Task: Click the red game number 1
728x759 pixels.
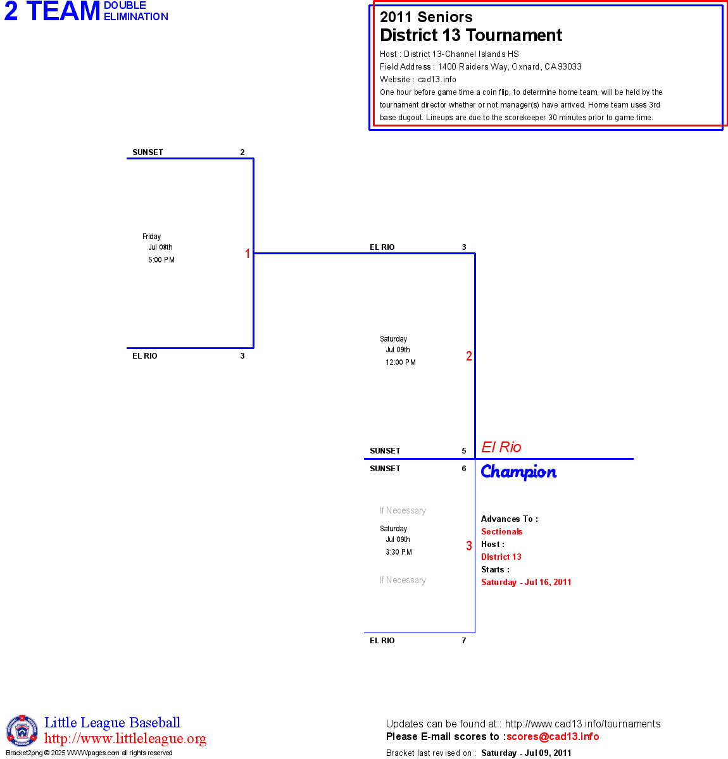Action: [248, 254]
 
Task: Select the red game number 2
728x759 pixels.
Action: [469, 356]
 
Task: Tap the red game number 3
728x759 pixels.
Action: [469, 546]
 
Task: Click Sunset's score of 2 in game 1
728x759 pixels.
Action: [242, 152]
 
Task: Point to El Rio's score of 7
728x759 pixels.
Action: [464, 641]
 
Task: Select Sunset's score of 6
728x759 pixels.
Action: [464, 469]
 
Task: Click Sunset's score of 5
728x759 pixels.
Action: [464, 451]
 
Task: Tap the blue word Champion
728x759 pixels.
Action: [518, 472]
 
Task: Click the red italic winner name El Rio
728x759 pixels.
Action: [501, 447]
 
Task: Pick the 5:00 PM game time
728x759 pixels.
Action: [161, 260]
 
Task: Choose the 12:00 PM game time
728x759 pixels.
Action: [401, 362]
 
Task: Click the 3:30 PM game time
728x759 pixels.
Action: [399, 552]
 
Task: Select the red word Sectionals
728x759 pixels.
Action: [502, 532]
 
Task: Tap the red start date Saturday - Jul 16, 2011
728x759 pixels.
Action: [526, 583]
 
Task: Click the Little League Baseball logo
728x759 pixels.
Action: [22, 731]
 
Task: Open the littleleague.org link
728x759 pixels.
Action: [125, 739]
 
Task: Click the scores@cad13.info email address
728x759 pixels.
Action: [553, 736]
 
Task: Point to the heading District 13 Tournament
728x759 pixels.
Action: [471, 35]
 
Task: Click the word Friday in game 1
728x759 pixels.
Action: [152, 237]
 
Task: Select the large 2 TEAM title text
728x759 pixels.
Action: [53, 11]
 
